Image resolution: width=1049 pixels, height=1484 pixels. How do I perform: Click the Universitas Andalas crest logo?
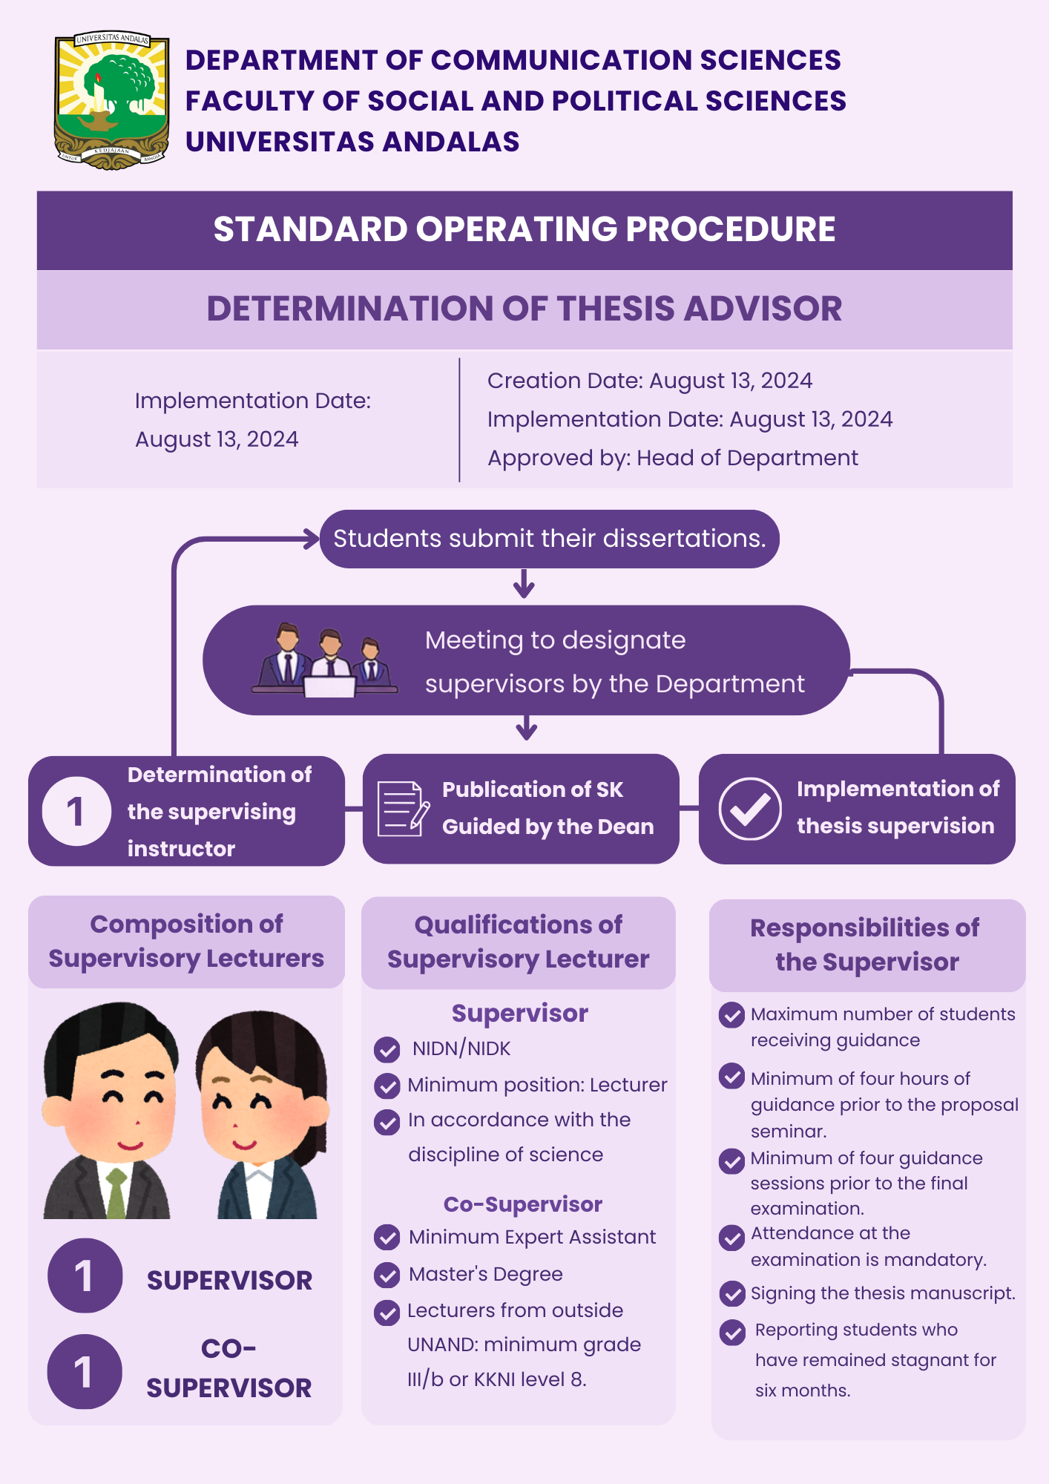[111, 100]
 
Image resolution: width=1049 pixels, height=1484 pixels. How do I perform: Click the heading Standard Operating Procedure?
[524, 229]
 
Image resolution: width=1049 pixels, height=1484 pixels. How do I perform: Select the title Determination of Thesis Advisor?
[524, 309]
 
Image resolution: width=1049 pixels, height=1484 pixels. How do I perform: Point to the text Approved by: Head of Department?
[672, 458]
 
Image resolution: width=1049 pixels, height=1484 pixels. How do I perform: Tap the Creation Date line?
[649, 381]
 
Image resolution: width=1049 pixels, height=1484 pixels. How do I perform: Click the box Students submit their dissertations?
[549, 539]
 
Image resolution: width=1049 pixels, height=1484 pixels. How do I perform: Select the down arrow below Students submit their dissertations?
[524, 584]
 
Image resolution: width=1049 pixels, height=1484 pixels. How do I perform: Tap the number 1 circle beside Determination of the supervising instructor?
[76, 811]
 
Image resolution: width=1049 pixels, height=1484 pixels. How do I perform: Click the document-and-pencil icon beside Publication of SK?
[402, 809]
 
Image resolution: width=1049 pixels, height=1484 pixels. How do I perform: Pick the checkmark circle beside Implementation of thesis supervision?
[749, 809]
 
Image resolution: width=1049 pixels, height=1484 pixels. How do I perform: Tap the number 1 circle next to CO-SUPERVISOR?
[85, 1371]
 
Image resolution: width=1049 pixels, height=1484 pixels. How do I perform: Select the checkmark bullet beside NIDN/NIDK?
[387, 1049]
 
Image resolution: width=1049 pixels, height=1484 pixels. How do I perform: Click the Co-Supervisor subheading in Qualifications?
[522, 1204]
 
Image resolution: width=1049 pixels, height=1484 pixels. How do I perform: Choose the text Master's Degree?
[485, 1274]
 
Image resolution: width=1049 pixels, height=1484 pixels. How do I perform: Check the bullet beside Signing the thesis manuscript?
[732, 1293]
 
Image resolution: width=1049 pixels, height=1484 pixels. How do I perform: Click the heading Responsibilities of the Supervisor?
[867, 945]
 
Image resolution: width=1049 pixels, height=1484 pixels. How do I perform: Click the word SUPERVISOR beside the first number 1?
[229, 1281]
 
